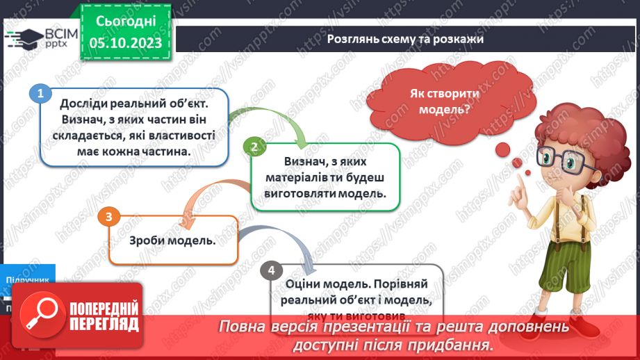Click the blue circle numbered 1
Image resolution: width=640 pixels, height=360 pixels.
click(40, 93)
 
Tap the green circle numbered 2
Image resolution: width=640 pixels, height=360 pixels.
click(254, 146)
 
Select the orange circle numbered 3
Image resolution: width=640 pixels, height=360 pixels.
click(108, 217)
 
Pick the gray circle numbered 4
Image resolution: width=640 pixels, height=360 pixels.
click(271, 270)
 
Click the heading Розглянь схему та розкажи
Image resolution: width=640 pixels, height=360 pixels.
click(405, 40)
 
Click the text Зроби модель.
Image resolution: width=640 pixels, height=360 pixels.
click(172, 241)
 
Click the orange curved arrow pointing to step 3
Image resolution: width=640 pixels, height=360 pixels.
click(208, 195)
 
